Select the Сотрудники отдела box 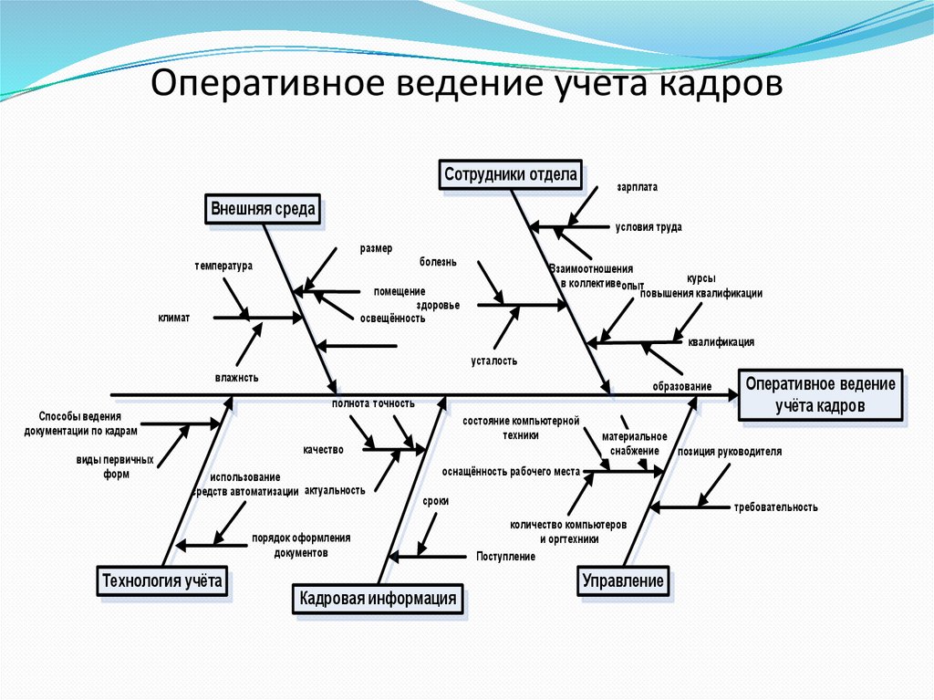(x=511, y=174)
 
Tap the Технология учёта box (x=161, y=580)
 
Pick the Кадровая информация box (x=377, y=599)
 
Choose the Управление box (x=623, y=580)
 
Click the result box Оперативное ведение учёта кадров (x=820, y=395)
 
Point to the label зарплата (x=636, y=187)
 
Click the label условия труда (x=649, y=227)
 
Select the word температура (x=223, y=266)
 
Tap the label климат (x=173, y=318)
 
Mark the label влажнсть (x=237, y=376)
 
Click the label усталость (x=494, y=360)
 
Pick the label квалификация (x=721, y=342)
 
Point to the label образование (x=681, y=386)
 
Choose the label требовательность (x=775, y=507)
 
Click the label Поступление (x=505, y=556)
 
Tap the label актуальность (x=335, y=490)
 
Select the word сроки (x=435, y=502)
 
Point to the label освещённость (x=393, y=319)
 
